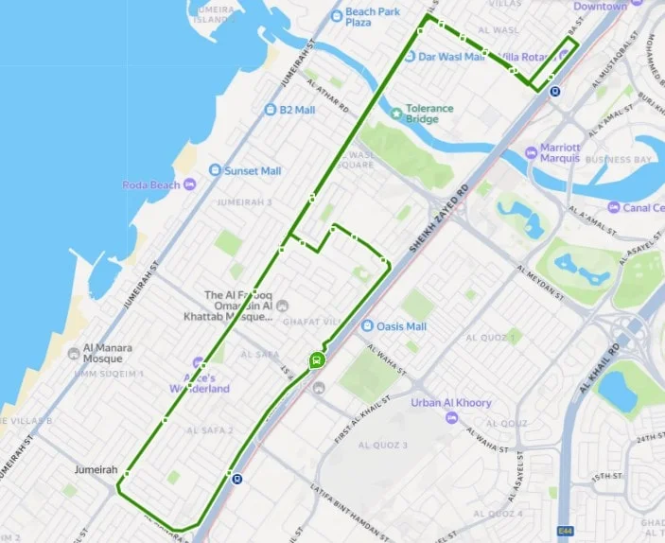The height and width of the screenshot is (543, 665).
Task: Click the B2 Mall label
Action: (296, 110)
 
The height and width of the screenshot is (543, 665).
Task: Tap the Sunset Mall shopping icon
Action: (215, 171)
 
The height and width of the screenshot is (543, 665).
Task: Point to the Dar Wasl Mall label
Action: (451, 57)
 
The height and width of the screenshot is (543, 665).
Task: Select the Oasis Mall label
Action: (401, 326)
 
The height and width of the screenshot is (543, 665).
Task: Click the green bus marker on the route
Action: (316, 359)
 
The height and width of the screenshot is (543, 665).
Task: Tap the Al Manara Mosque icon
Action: (75, 354)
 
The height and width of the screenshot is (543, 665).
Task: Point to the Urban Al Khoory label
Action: (451, 402)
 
